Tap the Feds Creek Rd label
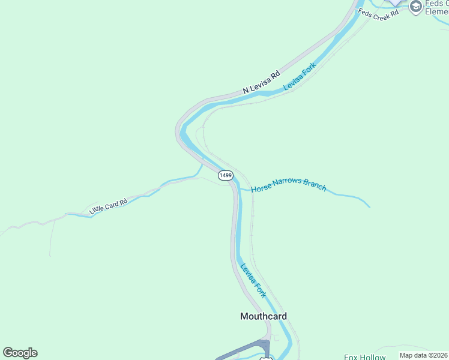[379, 13]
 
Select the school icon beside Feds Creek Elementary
[415, 7]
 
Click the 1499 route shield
[225, 175]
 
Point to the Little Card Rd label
[108, 207]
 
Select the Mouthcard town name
[264, 316]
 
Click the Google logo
[20, 353]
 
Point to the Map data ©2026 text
[423, 355]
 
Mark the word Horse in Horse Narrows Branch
[261, 188]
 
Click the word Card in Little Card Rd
[110, 206]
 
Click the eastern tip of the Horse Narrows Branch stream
[369, 207]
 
